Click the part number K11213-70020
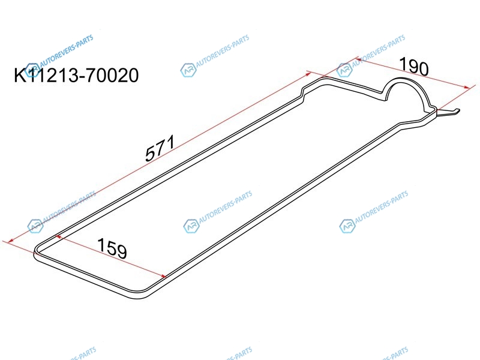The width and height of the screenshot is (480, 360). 76,76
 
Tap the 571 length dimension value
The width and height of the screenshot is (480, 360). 160,148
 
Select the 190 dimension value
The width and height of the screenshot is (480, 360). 414,67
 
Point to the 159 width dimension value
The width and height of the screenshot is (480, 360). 112,248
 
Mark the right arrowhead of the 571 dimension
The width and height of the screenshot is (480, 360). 307,74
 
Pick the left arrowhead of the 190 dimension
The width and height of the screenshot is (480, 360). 359,59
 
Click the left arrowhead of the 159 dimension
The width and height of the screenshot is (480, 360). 58,236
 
